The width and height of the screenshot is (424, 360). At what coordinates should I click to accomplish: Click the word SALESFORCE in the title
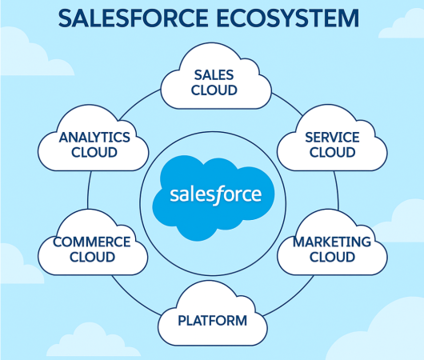(x=133, y=18)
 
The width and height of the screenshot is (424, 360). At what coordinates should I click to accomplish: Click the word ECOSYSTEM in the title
(x=288, y=18)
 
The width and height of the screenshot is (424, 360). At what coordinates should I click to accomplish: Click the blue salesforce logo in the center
(x=214, y=198)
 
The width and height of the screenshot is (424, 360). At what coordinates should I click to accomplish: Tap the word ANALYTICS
(x=94, y=137)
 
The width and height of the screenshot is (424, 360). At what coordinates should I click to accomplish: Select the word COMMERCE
(x=92, y=242)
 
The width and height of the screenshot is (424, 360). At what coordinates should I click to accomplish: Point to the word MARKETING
(x=332, y=242)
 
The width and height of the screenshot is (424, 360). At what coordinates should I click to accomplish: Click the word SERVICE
(x=332, y=137)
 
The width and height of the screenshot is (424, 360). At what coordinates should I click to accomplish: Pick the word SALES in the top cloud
(x=214, y=75)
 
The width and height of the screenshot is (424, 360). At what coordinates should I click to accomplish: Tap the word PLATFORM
(x=213, y=321)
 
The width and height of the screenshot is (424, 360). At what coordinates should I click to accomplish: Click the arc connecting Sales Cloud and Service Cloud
(x=288, y=103)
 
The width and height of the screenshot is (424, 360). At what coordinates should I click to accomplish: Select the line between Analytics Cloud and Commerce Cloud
(x=89, y=190)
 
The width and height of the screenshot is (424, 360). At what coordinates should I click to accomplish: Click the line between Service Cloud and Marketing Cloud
(x=337, y=190)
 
